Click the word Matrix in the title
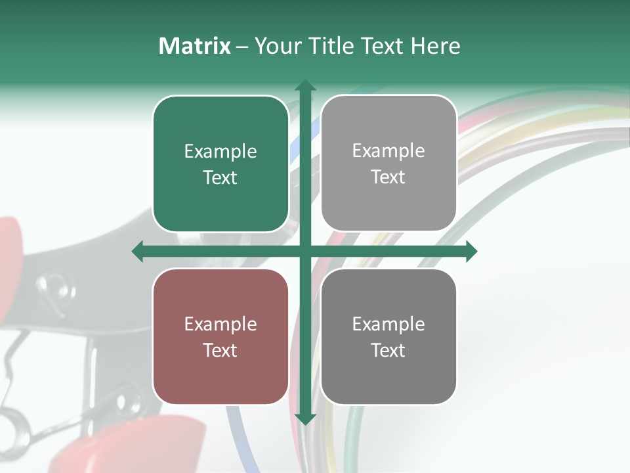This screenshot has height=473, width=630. click(x=195, y=46)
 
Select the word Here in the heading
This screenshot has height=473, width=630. click(x=435, y=46)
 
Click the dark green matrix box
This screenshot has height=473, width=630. click(x=220, y=164)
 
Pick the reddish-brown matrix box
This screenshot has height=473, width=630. click(x=220, y=336)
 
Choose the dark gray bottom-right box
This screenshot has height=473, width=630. click(x=388, y=336)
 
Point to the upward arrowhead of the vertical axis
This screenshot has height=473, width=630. click(x=304, y=85)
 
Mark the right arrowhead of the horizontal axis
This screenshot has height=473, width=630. click(x=471, y=252)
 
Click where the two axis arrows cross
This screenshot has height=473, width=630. click(x=304, y=252)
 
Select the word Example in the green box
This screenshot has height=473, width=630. click(x=220, y=152)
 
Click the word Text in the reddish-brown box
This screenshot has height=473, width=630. click(x=220, y=350)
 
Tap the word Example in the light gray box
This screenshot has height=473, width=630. click(x=388, y=151)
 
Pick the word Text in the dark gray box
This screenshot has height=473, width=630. click(x=388, y=350)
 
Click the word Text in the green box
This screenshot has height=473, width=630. click(x=220, y=177)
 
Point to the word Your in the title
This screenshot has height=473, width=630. click(x=276, y=46)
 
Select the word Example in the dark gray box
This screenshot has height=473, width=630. click(x=388, y=324)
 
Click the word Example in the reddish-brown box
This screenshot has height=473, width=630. click(x=220, y=324)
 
